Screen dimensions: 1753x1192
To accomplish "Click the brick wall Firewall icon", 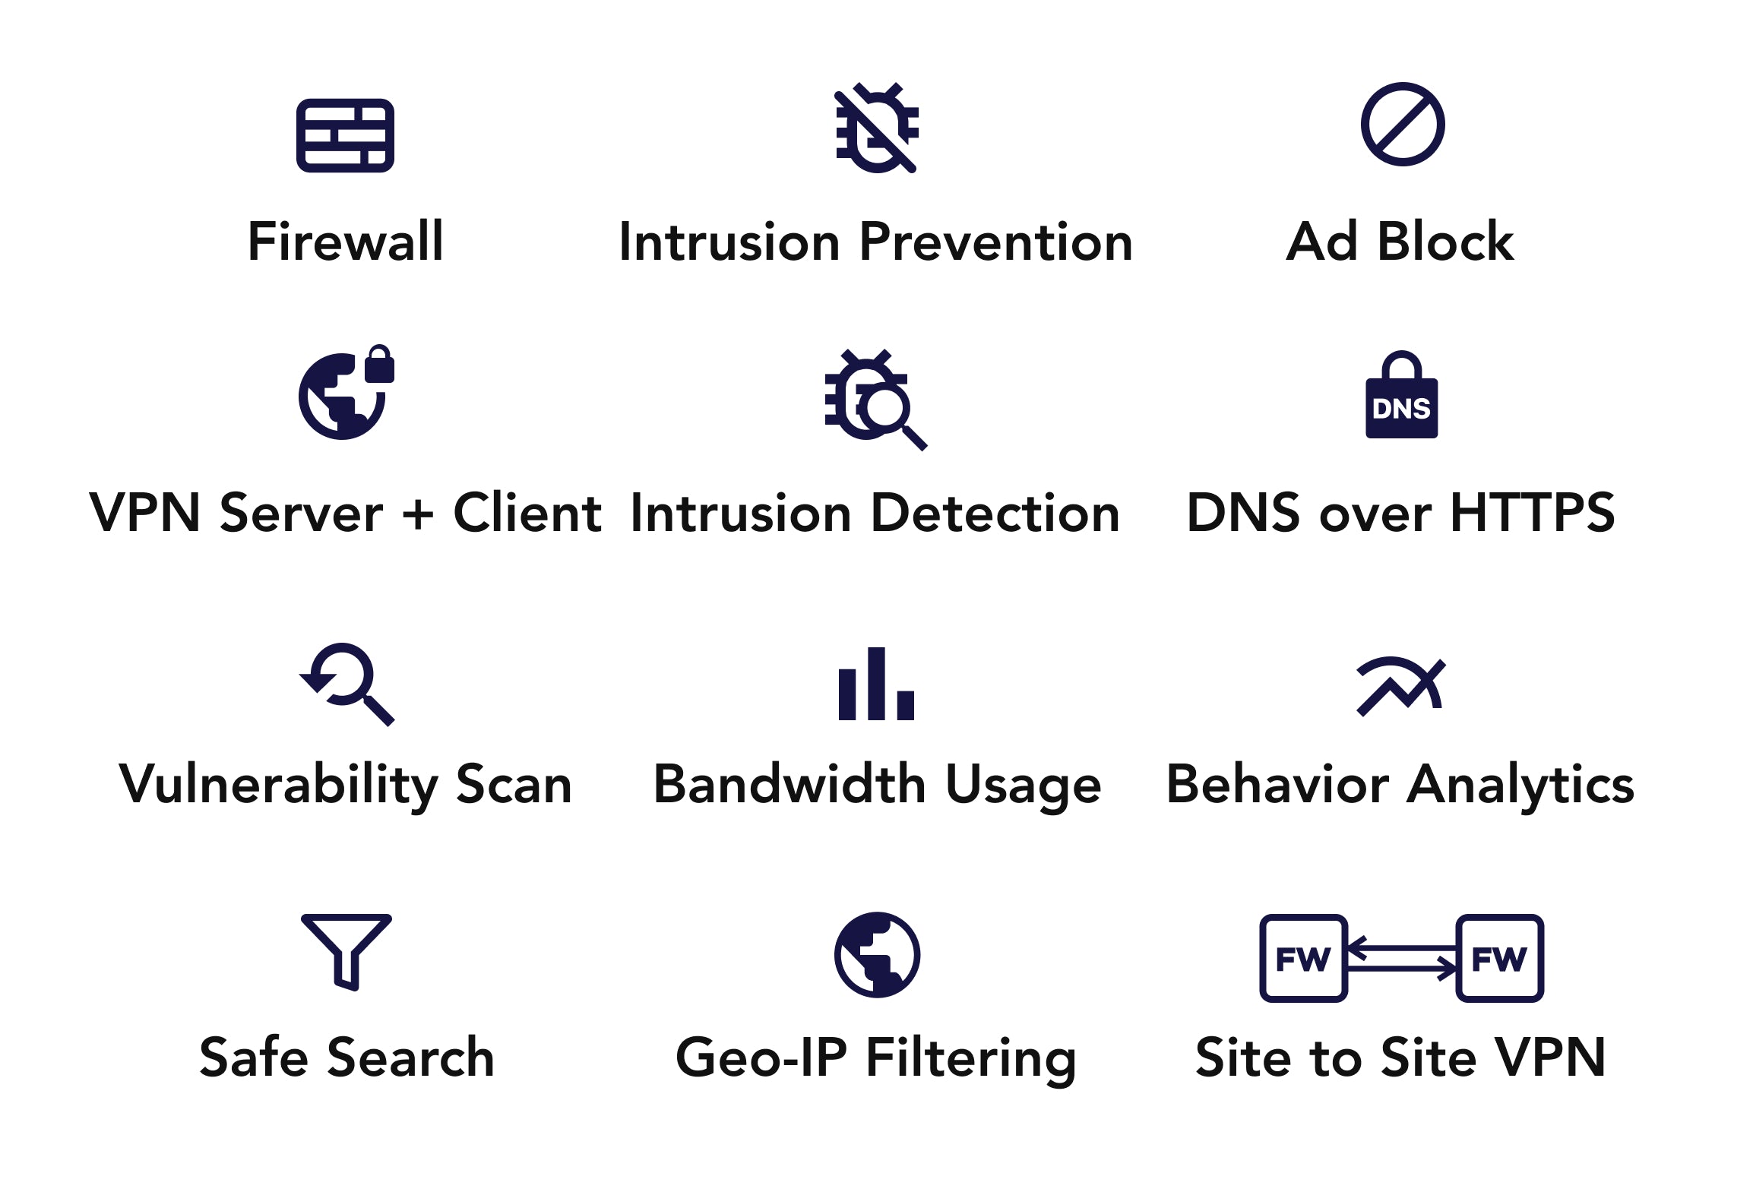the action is pyautogui.click(x=345, y=135).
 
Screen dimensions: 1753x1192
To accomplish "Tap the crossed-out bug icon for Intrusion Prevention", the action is pyautogui.click(x=877, y=128).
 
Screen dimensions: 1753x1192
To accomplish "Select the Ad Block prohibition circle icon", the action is pyautogui.click(x=1403, y=124).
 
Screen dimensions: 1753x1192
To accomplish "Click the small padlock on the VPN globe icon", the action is pyautogui.click(x=379, y=364).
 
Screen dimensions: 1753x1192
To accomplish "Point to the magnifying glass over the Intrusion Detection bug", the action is pyautogui.click(x=890, y=414).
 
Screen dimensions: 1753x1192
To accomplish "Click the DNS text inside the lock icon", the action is pyautogui.click(x=1401, y=409).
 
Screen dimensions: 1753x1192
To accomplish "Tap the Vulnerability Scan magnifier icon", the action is pyautogui.click(x=347, y=684).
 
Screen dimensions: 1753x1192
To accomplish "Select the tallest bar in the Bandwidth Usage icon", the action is pyautogui.click(x=876, y=683).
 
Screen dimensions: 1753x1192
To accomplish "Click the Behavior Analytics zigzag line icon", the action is pyautogui.click(x=1401, y=687).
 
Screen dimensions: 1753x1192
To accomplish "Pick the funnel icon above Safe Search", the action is pyautogui.click(x=346, y=952).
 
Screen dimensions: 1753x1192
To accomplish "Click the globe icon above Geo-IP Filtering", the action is pyautogui.click(x=877, y=954).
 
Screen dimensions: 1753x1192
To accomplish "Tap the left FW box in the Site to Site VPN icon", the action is pyautogui.click(x=1303, y=958).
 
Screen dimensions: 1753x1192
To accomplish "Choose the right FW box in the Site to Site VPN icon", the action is pyautogui.click(x=1499, y=958).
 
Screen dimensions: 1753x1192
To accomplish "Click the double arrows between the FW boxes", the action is pyautogui.click(x=1402, y=958).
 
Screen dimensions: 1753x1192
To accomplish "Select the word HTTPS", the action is pyautogui.click(x=1533, y=512).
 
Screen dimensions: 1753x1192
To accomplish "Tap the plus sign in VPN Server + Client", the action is pyautogui.click(x=418, y=514).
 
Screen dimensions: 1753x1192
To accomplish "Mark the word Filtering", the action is pyautogui.click(x=971, y=1059).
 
